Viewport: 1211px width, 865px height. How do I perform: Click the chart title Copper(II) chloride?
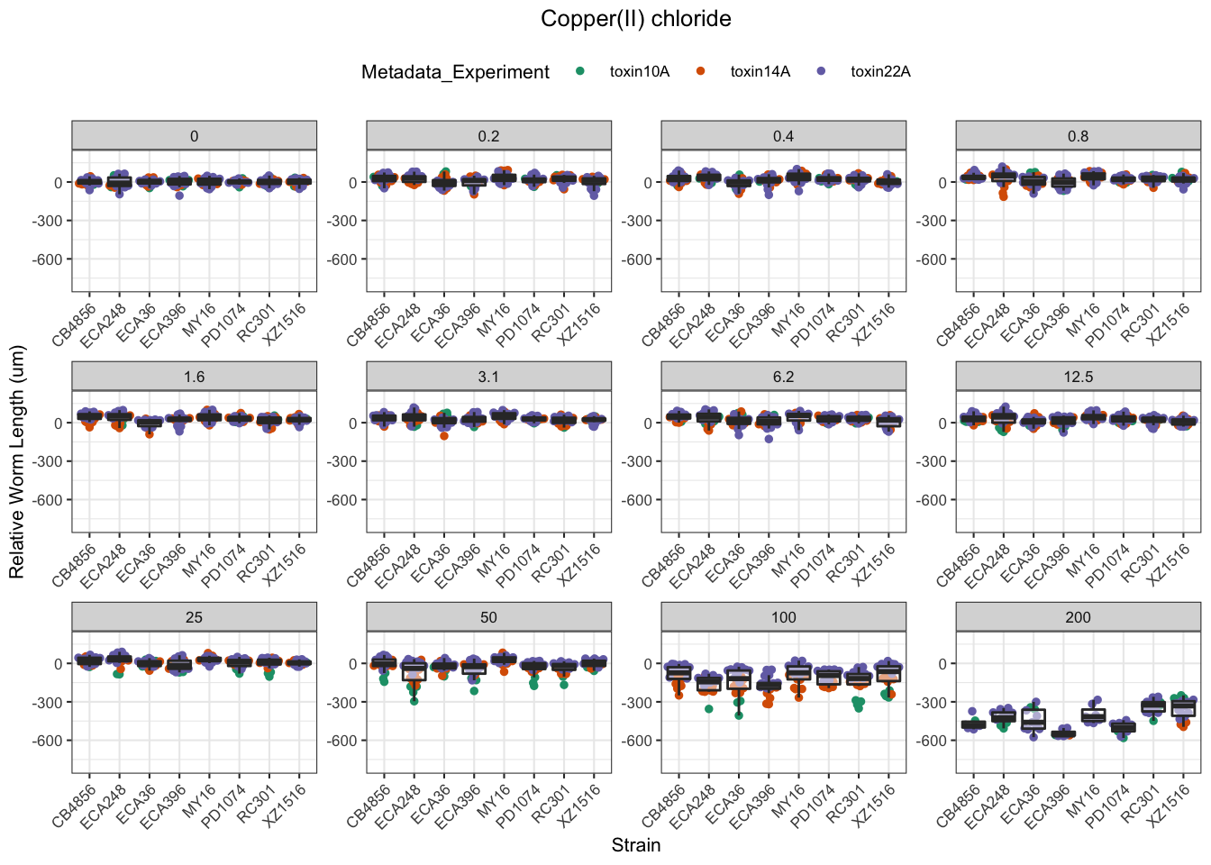(x=635, y=19)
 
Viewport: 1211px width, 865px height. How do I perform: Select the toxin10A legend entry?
(x=639, y=72)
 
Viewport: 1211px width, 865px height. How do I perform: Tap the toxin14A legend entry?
(x=760, y=72)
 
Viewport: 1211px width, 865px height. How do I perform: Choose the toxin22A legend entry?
(x=880, y=72)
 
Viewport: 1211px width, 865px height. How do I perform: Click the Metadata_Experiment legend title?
(x=455, y=72)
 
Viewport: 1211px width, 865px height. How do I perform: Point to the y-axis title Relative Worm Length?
(x=17, y=462)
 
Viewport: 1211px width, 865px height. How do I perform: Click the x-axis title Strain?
(x=635, y=845)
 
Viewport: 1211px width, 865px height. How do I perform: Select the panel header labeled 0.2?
(x=488, y=136)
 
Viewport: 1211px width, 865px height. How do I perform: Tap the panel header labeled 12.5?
(x=1078, y=377)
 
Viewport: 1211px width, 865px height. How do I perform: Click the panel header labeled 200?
(x=1078, y=617)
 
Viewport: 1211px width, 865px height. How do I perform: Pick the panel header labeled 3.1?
(x=488, y=377)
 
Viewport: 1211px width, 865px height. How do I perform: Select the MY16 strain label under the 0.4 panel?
(x=788, y=321)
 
